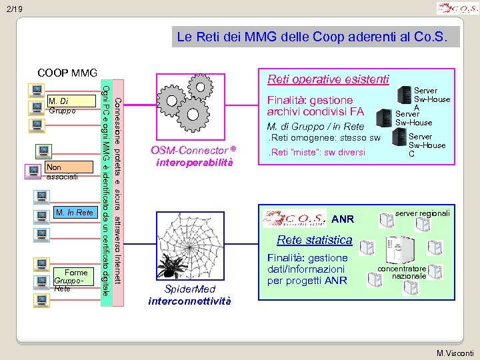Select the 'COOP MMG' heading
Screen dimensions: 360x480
point(67,73)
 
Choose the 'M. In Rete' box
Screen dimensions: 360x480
point(73,213)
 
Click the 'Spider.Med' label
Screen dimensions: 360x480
point(189,289)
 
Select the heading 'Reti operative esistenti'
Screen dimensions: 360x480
point(327,79)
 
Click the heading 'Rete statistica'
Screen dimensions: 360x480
point(314,239)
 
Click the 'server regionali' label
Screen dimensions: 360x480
point(422,213)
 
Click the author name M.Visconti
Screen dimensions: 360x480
point(455,352)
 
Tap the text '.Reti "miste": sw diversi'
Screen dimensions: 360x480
point(316,152)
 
